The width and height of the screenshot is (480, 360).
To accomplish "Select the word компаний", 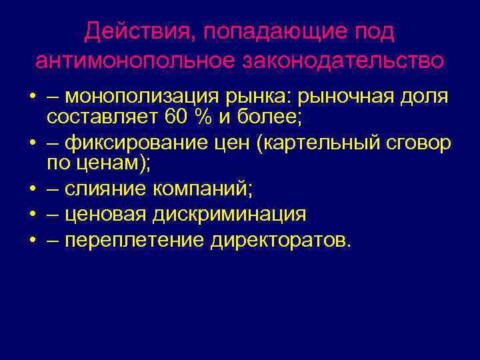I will [203, 189].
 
